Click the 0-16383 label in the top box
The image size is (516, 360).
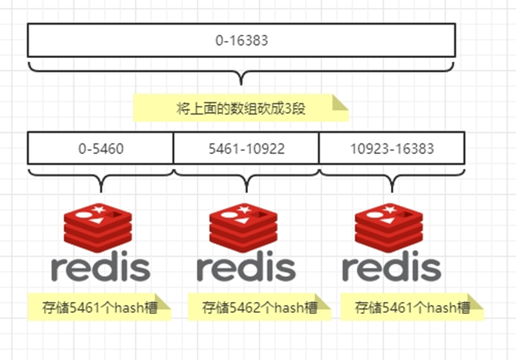pyautogui.click(x=242, y=40)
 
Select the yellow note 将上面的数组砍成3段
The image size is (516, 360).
pyautogui.click(x=240, y=108)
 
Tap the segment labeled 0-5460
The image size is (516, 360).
pyautogui.click(x=100, y=148)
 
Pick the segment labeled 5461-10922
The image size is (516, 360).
pyautogui.click(x=246, y=148)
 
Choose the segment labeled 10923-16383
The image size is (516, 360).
pyautogui.click(x=391, y=148)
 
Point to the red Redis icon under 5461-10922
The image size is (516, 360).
pyautogui.click(x=246, y=225)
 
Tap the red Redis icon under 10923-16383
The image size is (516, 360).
pyautogui.click(x=391, y=225)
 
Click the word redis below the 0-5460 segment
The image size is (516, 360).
pyautogui.click(x=100, y=267)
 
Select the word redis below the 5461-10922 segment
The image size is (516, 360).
pyautogui.click(x=246, y=267)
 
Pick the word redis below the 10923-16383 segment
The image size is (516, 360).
pyautogui.click(x=391, y=267)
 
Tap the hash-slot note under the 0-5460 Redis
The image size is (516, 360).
pyautogui.click(x=98, y=307)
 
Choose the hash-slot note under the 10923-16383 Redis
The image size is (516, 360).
pyautogui.click(x=412, y=307)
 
